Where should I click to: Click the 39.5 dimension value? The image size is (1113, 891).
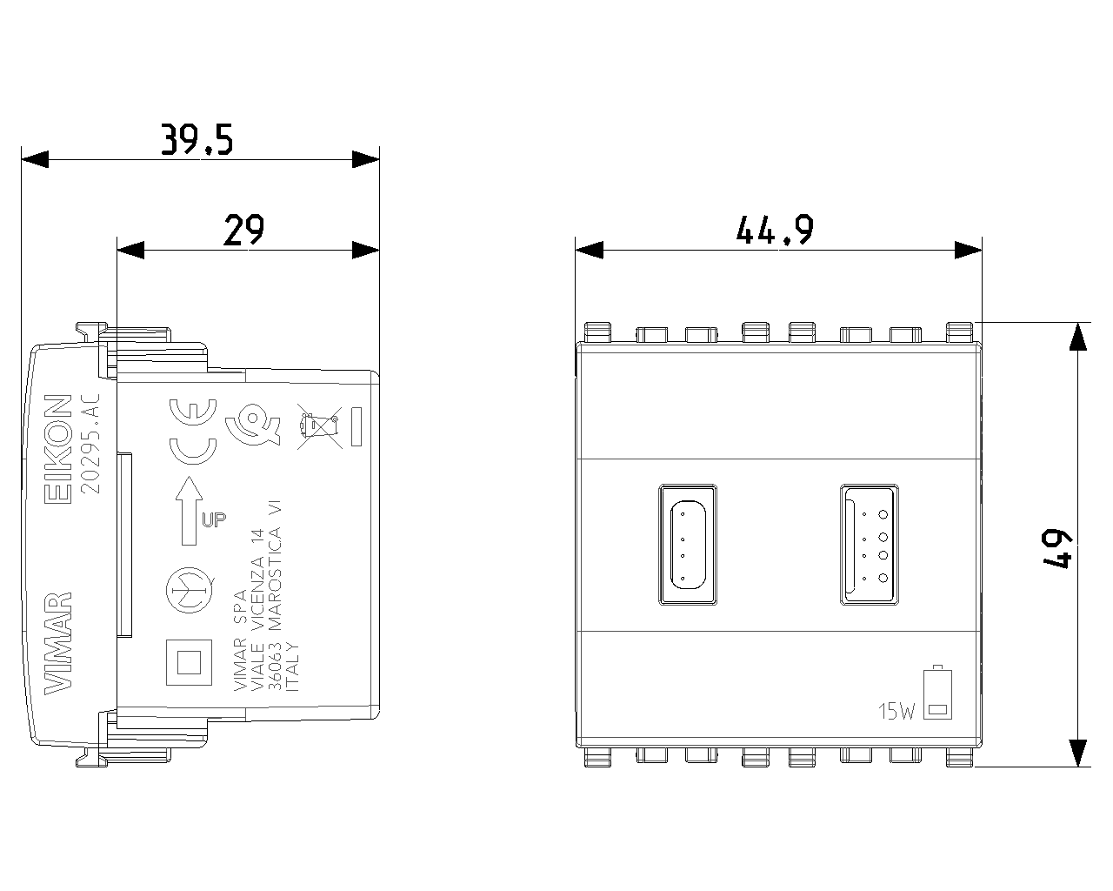click(x=197, y=139)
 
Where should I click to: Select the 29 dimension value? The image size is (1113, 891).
click(x=243, y=231)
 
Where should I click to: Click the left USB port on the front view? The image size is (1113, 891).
click(x=689, y=544)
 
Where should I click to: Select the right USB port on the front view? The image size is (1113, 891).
click(x=870, y=544)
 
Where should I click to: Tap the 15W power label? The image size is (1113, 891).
click(x=896, y=713)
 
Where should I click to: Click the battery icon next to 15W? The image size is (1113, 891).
click(x=937, y=693)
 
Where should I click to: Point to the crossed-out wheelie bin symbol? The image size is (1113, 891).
click(x=317, y=426)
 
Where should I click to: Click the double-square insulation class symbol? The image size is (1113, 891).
click(x=189, y=663)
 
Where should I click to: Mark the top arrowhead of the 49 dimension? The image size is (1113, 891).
click(x=1078, y=336)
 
